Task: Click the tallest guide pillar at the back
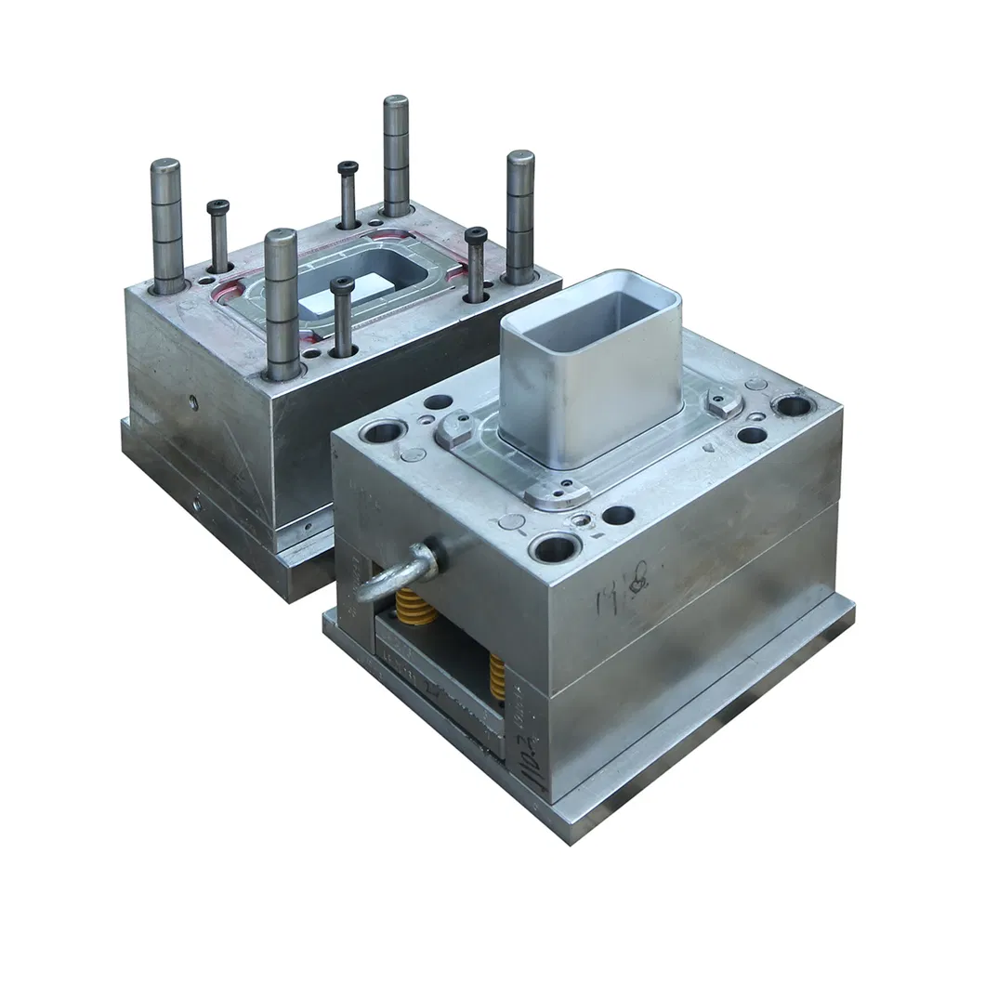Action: (396, 154)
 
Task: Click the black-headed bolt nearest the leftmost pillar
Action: (219, 236)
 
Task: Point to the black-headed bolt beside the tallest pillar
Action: (348, 194)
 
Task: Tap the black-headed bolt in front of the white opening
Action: (342, 316)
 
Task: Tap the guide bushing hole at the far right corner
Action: (793, 404)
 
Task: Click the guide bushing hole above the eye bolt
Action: (384, 431)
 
